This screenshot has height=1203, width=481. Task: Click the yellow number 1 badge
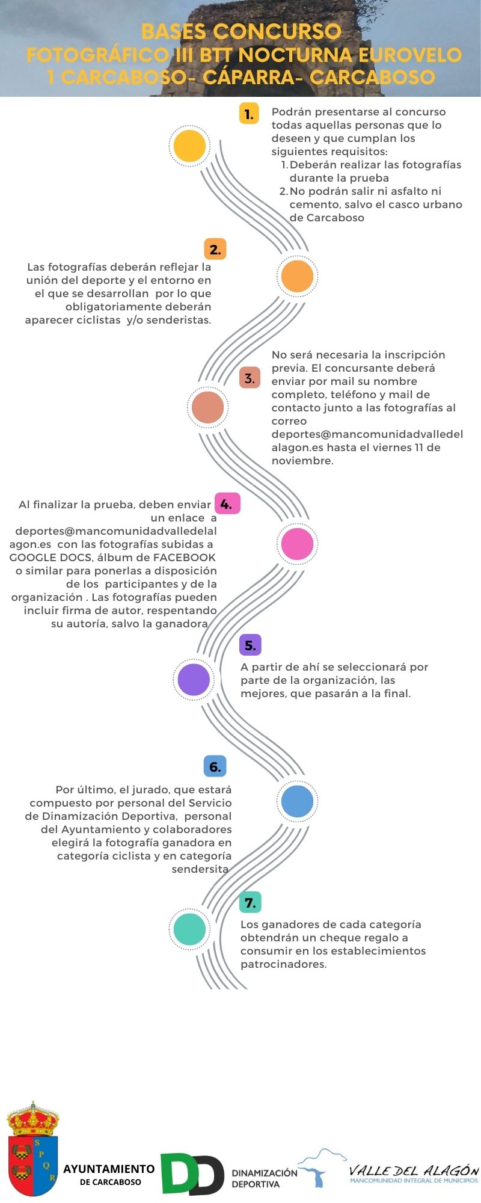[x=249, y=114]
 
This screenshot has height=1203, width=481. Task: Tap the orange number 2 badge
[x=215, y=249]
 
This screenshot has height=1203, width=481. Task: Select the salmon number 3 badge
[x=250, y=378]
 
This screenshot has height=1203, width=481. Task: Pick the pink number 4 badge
[x=227, y=504]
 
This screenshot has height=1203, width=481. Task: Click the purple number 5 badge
[x=250, y=645]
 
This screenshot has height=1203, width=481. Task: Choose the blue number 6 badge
[x=215, y=766]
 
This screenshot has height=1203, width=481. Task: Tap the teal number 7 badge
[x=250, y=902]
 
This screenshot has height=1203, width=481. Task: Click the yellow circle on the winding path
[x=189, y=146]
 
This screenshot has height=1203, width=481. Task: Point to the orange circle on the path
[x=297, y=276]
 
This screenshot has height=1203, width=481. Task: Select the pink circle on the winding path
[x=297, y=544]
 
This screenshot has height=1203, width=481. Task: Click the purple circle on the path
[x=194, y=680]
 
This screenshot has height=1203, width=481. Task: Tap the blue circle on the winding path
[x=297, y=801]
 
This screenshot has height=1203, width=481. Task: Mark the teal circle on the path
[x=189, y=929]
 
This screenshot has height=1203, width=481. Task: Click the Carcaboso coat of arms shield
[x=33, y=1149]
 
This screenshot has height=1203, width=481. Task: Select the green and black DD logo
[x=192, y=1174]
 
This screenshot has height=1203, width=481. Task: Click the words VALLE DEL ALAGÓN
[x=414, y=1170]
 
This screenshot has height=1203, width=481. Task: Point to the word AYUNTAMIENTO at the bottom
[x=109, y=1169]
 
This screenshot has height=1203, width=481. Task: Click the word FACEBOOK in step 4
[x=185, y=558]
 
